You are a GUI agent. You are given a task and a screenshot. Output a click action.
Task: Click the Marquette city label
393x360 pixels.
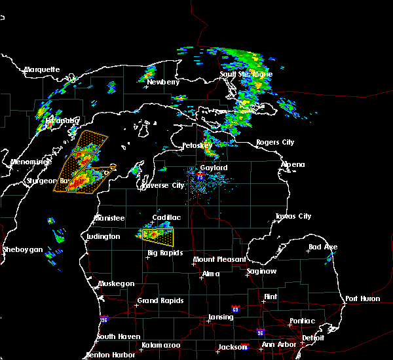click(42, 69)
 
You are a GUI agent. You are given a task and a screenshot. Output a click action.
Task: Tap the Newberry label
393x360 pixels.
click(163, 82)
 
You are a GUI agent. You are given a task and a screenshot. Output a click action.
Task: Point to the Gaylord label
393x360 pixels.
click(214, 168)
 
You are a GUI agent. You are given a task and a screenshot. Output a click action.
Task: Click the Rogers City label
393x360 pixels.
click(275, 142)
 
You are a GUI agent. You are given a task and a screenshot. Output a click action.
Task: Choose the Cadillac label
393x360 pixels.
click(166, 217)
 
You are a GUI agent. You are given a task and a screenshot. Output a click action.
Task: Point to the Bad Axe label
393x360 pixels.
click(323, 247)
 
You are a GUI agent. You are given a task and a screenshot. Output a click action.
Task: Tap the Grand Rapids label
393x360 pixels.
click(160, 301)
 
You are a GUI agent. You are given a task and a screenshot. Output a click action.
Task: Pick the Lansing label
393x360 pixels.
click(220, 317)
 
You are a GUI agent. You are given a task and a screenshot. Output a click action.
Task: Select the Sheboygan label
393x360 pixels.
click(22, 249)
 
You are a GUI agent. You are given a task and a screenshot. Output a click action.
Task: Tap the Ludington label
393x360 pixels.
click(103, 236)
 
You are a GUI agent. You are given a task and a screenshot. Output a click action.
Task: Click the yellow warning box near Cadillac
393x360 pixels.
click(159, 234)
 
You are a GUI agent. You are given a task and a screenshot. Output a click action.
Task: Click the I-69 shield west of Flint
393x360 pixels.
click(235, 308)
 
